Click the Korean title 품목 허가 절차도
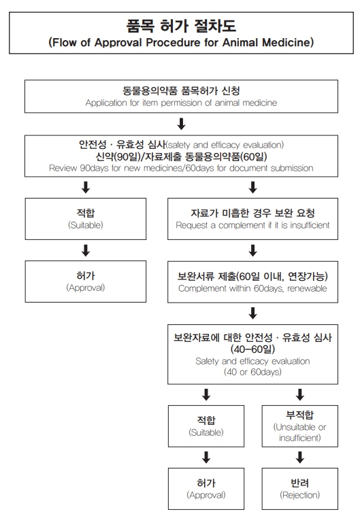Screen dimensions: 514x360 coord(180,25)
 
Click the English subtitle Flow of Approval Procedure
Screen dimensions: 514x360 coord(136,42)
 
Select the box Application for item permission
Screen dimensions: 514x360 coord(180,96)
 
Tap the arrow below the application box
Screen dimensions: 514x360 coord(181,124)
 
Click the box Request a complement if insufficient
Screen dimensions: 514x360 coord(252,218)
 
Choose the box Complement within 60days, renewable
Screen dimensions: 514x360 coord(252,282)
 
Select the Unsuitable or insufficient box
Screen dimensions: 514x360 coord(299,427)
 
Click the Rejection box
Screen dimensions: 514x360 coord(299,489)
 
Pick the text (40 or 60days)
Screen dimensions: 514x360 coord(252,373)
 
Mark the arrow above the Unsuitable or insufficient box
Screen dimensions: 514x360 coord(299,394)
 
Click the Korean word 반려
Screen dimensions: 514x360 coord(299,483)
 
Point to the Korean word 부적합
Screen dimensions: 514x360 coord(299,415)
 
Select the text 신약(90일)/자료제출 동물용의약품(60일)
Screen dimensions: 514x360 coord(181,156)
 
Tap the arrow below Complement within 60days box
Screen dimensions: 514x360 coord(252,313)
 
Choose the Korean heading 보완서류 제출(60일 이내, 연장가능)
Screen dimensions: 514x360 coord(252,277)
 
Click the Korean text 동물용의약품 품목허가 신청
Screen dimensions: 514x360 coord(181,90)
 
